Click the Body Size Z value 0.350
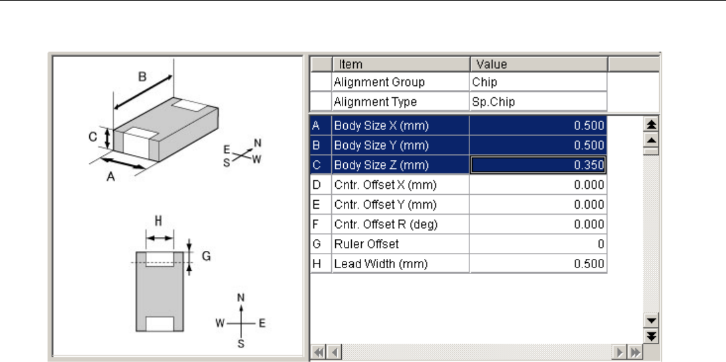coord(538,165)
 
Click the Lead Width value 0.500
coord(538,264)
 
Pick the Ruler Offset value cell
coord(538,244)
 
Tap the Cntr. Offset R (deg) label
coord(385,225)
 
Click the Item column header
coord(350,64)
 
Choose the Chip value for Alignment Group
coord(485,83)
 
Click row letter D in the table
coord(316,185)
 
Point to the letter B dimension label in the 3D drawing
coord(142,76)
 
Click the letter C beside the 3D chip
coord(93,137)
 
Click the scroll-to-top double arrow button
coord(651,125)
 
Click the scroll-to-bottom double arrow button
coord(651,335)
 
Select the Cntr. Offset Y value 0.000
coord(538,205)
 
